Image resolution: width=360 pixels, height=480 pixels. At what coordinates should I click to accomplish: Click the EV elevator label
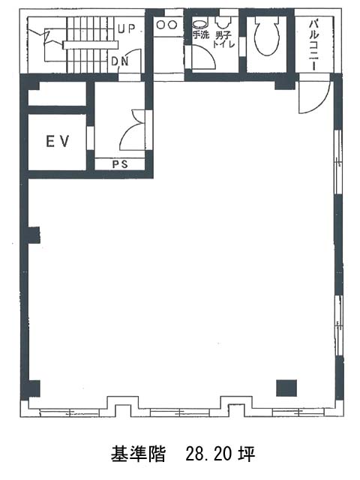coord(58,142)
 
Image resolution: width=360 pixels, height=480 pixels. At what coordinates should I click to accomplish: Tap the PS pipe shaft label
coord(120,164)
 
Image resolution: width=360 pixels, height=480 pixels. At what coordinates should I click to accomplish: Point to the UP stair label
coord(127,29)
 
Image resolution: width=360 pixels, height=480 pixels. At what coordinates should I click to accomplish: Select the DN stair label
coord(120,61)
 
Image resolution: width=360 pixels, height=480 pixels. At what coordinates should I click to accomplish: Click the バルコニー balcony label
coord(313,45)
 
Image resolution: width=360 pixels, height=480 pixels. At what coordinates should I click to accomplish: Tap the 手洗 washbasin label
coord(200,35)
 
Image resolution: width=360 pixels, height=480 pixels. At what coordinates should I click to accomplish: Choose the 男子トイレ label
coord(224,40)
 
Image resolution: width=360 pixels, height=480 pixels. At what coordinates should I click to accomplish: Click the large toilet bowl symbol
coord(267,36)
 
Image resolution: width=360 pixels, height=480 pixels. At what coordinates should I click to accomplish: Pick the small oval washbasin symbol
coord(199,24)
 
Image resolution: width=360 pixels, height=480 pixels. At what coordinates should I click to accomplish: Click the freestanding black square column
coord(286,388)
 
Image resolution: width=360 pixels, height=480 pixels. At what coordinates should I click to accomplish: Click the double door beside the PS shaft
coord(133,130)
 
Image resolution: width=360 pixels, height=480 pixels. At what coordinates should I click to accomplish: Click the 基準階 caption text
coord(138,454)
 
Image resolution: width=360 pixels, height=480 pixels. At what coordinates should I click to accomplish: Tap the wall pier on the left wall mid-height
coord(34,235)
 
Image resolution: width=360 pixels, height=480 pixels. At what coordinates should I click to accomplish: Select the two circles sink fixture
coord(166,25)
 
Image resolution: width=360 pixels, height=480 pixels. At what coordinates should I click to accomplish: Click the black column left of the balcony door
coord(284,82)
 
